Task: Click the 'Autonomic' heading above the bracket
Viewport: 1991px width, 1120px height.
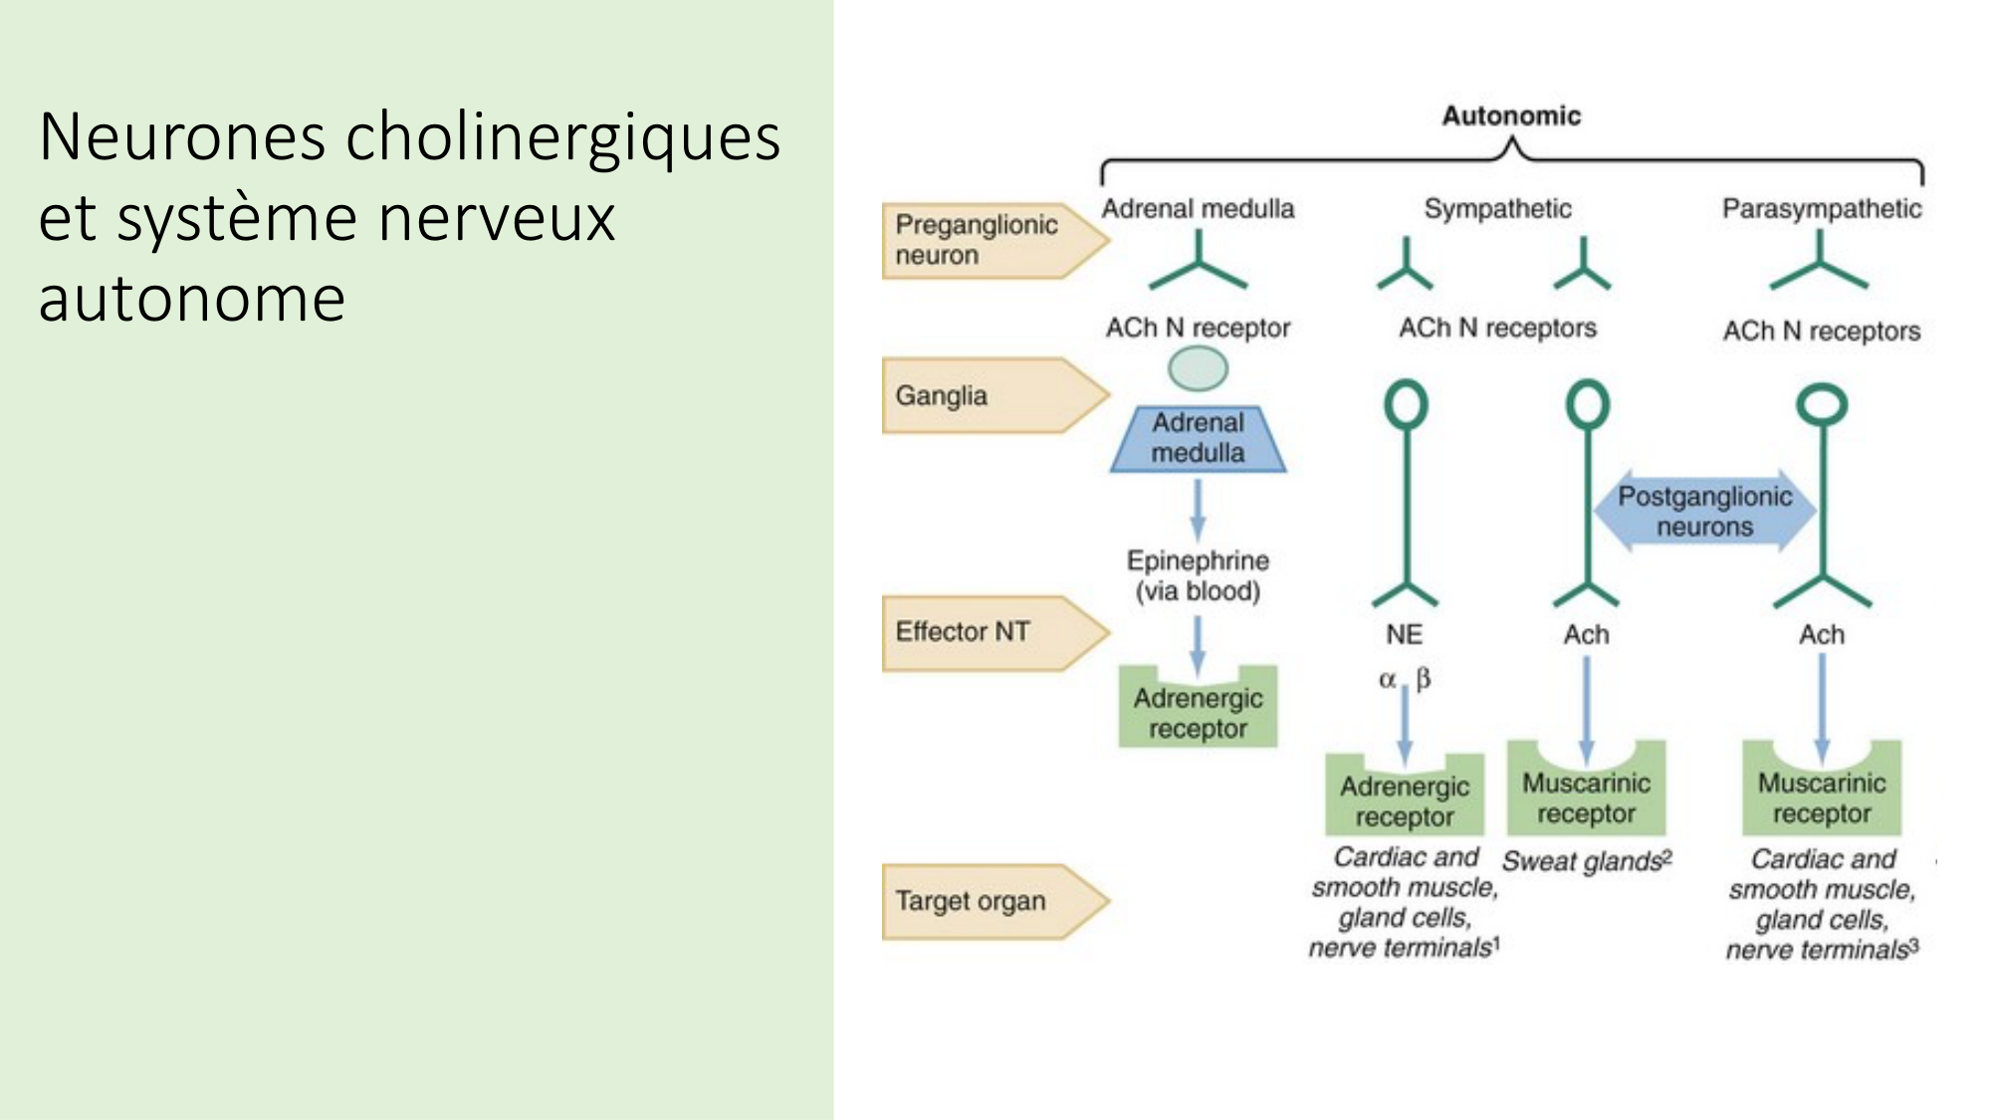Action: click(x=1510, y=116)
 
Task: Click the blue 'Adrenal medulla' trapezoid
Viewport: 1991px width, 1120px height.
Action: click(x=1198, y=438)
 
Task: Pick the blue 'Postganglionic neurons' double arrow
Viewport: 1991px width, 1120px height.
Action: click(x=1704, y=511)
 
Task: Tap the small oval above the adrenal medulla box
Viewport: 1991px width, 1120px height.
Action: click(x=1198, y=369)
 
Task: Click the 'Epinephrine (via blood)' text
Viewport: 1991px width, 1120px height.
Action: click(x=1198, y=575)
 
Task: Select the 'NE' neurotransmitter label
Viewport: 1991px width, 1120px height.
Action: click(x=1404, y=634)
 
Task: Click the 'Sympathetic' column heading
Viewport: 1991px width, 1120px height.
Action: click(x=1497, y=209)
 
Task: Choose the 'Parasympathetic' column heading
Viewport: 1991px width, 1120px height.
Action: click(x=1821, y=209)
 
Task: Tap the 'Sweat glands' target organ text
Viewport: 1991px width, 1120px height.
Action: click(x=1585, y=861)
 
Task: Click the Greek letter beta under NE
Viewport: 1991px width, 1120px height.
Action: click(x=1424, y=679)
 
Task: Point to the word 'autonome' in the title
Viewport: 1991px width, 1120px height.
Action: click(x=192, y=299)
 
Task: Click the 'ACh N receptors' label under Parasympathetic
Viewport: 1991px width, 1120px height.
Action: click(x=1821, y=332)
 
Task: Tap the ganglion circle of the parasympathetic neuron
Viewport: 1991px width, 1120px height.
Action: click(x=1821, y=405)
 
